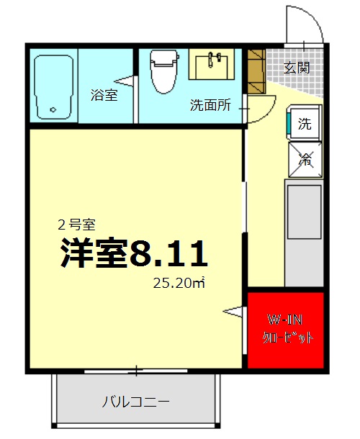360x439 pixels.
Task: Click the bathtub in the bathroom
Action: pos(55,86)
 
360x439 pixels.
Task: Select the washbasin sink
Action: pos(212,65)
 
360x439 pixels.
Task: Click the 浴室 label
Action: pos(104,94)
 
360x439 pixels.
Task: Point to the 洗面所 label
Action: pos(210,105)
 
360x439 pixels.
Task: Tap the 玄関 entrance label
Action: pos(297,68)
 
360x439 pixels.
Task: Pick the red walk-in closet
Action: pos(286,330)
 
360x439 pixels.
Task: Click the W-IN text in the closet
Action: pos(286,319)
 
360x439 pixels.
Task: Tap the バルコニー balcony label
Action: pos(135,401)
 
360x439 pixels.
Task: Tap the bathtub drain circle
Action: pos(53,109)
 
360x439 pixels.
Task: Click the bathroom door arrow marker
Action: pos(128,81)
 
